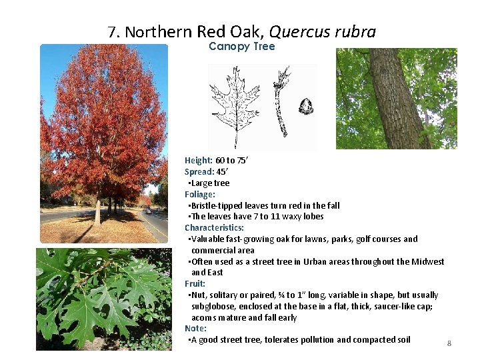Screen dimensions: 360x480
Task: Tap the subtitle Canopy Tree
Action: tap(241, 47)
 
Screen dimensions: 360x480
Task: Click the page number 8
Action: tap(449, 343)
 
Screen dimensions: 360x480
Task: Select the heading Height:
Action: tap(199, 161)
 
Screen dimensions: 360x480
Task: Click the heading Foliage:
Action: tap(200, 195)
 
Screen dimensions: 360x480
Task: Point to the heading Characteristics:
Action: tap(214, 228)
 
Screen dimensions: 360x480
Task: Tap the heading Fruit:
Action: tap(195, 283)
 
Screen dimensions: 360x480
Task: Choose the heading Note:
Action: tap(196, 329)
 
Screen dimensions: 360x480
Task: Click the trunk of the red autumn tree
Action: tap(98, 211)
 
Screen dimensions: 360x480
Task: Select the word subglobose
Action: tap(215, 306)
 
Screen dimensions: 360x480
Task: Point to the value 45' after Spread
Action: tap(223, 172)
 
